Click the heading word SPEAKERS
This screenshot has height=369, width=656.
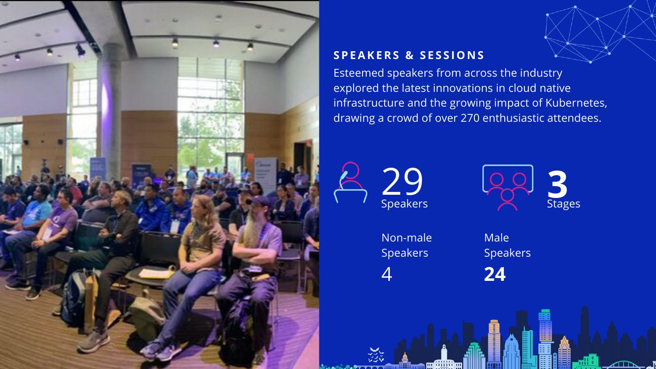pyautogui.click(x=367, y=55)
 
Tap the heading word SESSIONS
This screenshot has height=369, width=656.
pyautogui.click(x=452, y=55)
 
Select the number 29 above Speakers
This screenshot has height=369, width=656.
pyautogui.click(x=402, y=182)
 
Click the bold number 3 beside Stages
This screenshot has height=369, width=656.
pyautogui.click(x=557, y=184)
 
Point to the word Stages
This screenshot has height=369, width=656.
pyautogui.click(x=563, y=204)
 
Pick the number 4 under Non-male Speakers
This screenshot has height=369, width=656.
pyautogui.click(x=387, y=274)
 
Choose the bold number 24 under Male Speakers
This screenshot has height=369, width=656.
pyautogui.click(x=494, y=274)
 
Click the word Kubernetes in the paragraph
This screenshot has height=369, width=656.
pyautogui.click(x=576, y=103)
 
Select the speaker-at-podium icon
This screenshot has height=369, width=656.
pyautogui.click(x=350, y=182)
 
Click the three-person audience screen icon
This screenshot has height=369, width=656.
pyautogui.click(x=508, y=187)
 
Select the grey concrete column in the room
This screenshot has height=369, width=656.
pyautogui.click(x=111, y=111)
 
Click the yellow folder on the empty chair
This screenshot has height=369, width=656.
pyautogui.click(x=157, y=274)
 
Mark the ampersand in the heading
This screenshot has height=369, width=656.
pyautogui.click(x=410, y=55)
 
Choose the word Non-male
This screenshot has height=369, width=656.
pyautogui.click(x=406, y=238)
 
